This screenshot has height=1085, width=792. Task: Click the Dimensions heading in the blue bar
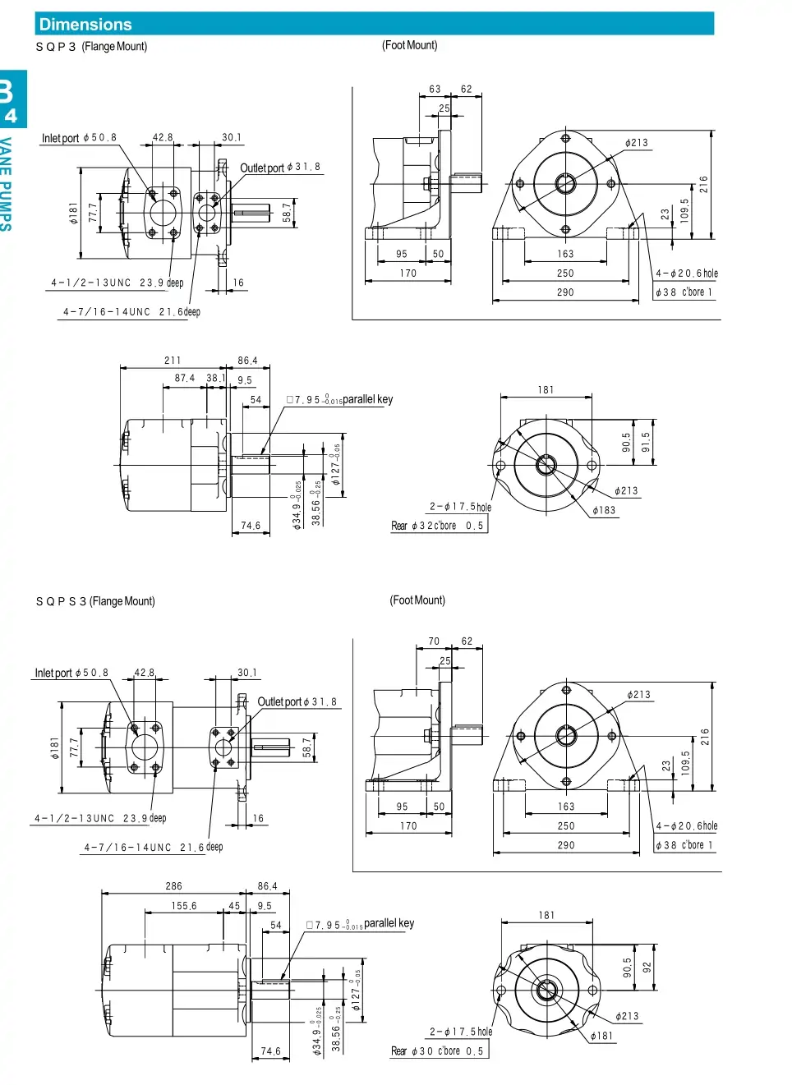85,25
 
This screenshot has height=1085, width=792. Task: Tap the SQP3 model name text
56,47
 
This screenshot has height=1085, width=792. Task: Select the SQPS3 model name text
61,601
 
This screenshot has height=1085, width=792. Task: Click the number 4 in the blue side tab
11,116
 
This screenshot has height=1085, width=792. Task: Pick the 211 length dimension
173,361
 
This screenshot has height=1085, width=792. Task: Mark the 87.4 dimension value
185,379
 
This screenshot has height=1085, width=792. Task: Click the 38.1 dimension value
216,379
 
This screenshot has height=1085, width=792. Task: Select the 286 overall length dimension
173,886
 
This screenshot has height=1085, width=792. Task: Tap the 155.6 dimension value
184,906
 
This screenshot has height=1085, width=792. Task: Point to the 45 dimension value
234,906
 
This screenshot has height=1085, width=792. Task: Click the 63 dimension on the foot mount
435,90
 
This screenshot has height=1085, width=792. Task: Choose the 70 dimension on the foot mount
434,641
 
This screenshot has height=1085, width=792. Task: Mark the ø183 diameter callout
604,510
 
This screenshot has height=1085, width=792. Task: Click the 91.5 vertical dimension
646,442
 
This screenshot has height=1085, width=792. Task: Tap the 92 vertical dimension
647,968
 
